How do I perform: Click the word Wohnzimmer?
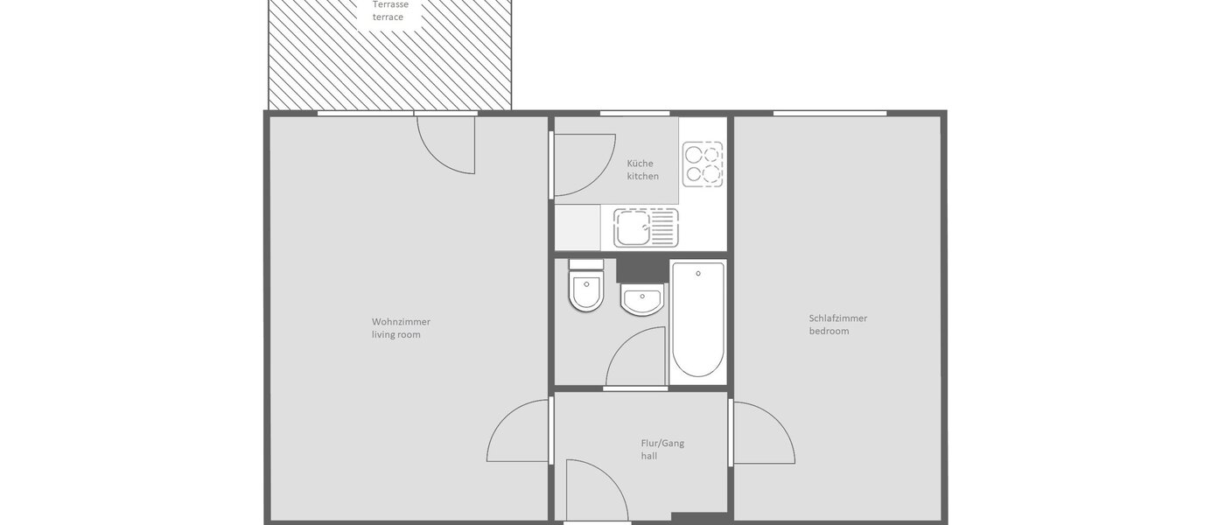click(401, 321)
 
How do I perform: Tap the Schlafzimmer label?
click(837, 318)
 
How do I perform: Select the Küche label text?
click(640, 164)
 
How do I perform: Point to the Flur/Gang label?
click(662, 443)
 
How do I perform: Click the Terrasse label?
click(390, 4)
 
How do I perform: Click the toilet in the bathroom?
click(586, 286)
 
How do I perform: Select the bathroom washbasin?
click(642, 301)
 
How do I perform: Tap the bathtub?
click(697, 318)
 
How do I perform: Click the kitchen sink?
click(646, 227)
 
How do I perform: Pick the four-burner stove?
click(703, 164)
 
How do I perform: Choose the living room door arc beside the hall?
click(518, 431)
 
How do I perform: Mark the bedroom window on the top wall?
click(829, 113)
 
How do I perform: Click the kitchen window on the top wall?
click(634, 113)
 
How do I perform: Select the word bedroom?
click(829, 332)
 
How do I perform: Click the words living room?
click(396, 334)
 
